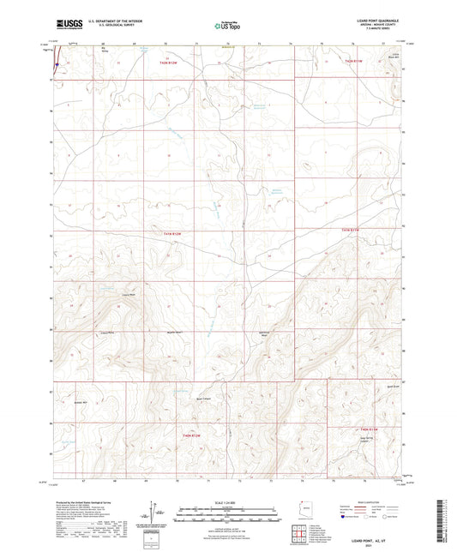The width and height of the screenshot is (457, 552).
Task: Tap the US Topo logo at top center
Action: [x=226, y=26]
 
